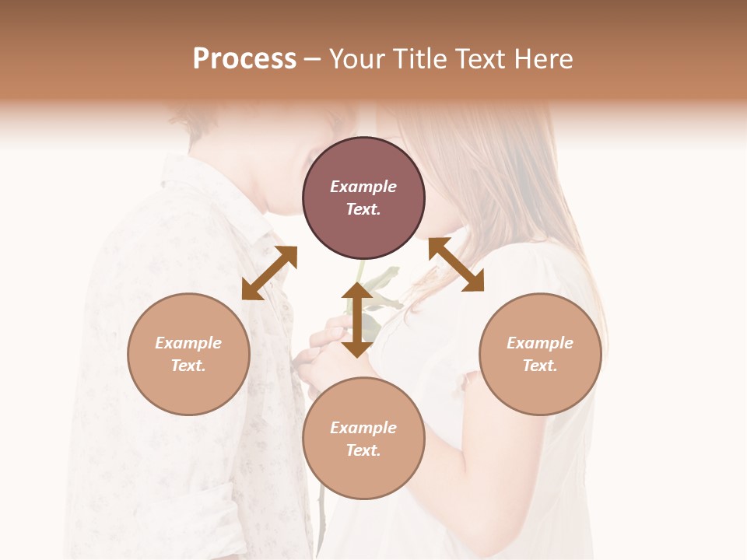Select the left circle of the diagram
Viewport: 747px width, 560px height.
[x=188, y=354]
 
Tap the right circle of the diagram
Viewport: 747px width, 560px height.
[x=540, y=354]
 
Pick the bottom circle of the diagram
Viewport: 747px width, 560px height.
[x=363, y=439]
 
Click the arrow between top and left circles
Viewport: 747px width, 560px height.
[x=269, y=273]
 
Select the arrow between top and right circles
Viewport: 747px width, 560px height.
[x=456, y=264]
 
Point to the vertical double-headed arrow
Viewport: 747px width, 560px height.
[x=357, y=320]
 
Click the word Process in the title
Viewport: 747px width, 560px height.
[x=244, y=58]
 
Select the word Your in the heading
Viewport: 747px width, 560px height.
[x=355, y=58]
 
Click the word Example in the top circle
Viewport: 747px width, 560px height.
[x=363, y=187]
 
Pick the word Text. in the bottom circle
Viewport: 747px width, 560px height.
[x=363, y=450]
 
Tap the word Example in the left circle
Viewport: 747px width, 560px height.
[x=188, y=343]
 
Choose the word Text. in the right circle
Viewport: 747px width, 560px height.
[x=540, y=366]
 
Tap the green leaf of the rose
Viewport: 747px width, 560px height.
[x=383, y=278]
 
